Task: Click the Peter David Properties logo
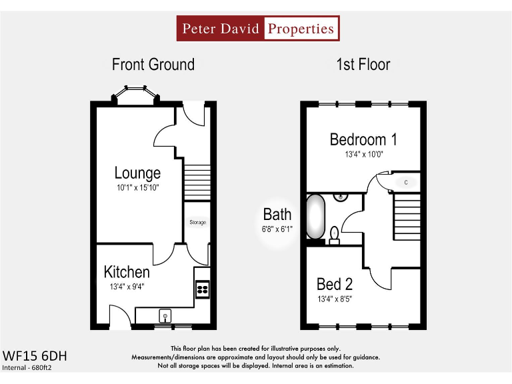(x=257, y=29)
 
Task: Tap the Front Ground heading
(x=153, y=65)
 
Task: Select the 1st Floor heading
(x=363, y=65)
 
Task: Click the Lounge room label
(x=137, y=173)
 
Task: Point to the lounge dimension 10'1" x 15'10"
(x=137, y=188)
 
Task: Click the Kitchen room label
(x=127, y=272)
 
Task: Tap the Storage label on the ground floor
(x=197, y=222)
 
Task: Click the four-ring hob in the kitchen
(x=201, y=289)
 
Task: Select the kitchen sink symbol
(x=164, y=315)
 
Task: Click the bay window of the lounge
(x=135, y=95)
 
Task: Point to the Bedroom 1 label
(x=363, y=139)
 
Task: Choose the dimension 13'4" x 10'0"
(x=363, y=155)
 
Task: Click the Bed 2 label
(x=335, y=285)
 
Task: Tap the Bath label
(x=277, y=215)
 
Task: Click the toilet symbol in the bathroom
(x=334, y=234)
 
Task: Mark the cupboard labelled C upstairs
(x=405, y=181)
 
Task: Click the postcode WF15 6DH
(x=35, y=356)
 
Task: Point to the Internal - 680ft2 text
(x=27, y=367)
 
